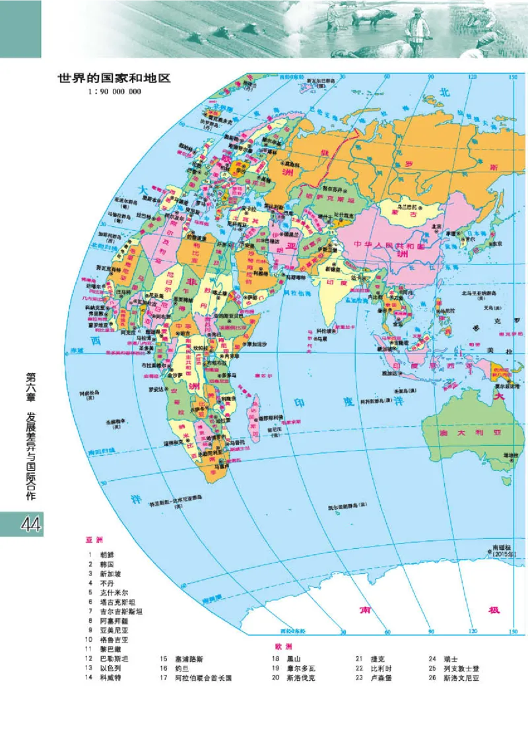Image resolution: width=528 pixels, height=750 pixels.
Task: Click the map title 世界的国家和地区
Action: tap(114, 78)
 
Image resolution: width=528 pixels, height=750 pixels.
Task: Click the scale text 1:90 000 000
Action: tap(114, 92)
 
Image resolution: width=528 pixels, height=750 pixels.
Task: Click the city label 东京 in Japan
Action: tap(496, 243)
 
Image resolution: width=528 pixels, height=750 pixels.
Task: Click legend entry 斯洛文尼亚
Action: tap(459, 677)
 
